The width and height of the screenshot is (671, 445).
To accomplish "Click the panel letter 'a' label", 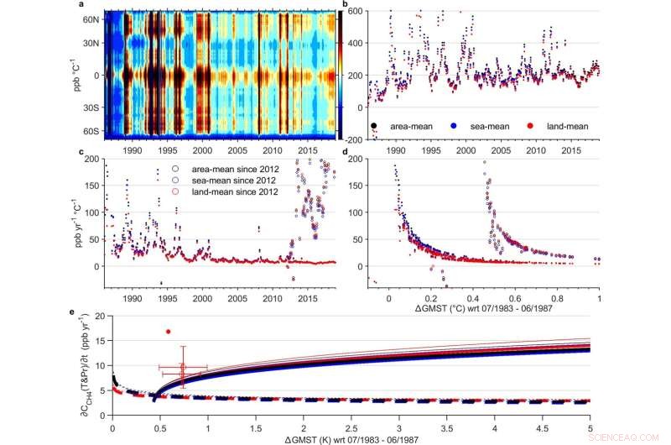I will pyautogui.click(x=81, y=5).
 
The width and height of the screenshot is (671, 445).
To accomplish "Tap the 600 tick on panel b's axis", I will pyautogui.click(x=354, y=12).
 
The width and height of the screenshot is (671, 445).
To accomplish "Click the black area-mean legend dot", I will pyautogui.click(x=373, y=126).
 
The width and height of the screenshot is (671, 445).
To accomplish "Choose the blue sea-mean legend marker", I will pyautogui.click(x=453, y=126).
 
